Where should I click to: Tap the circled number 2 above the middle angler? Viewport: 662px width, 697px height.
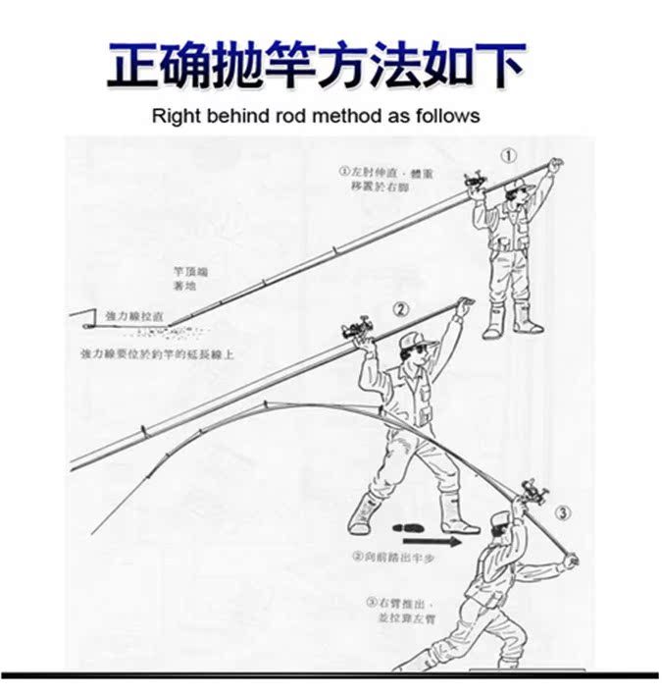tap(400, 309)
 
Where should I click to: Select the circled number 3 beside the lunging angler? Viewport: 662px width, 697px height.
tap(561, 513)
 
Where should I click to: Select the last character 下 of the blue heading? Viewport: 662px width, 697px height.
tap(496, 64)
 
